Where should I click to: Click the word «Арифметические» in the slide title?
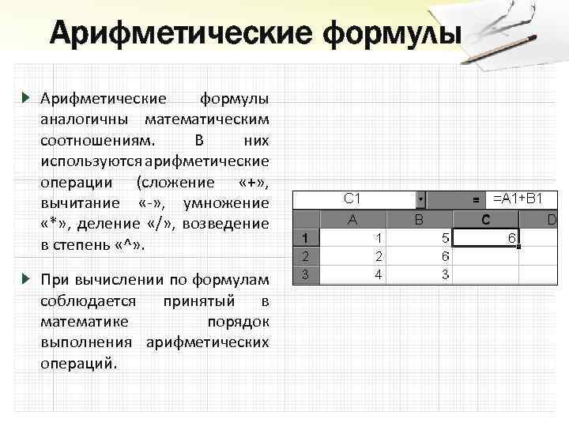[179, 34]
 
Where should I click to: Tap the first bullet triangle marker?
[25, 99]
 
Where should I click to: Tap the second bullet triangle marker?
[25, 278]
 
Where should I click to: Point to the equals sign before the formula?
[475, 201]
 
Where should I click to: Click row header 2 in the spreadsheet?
[305, 256]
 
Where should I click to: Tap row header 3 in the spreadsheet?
[305, 274]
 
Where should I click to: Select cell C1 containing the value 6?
[488, 238]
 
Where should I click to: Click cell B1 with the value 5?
[419, 238]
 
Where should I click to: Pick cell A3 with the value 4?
[352, 274]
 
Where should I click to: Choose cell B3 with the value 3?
[419, 274]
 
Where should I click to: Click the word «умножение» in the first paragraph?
[226, 202]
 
